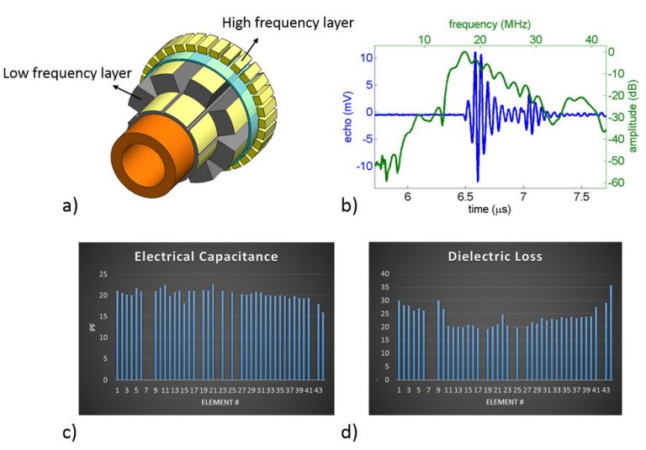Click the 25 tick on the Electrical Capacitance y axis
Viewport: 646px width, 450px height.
[105, 275]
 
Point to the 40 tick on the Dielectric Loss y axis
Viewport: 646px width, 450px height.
[387, 273]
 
